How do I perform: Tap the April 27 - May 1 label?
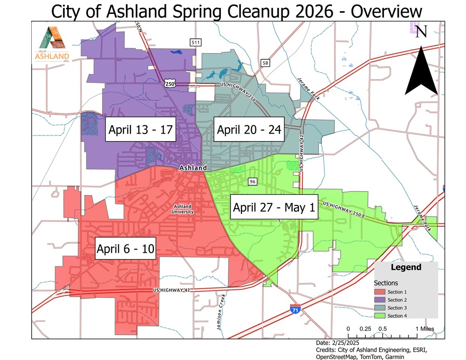(274, 207)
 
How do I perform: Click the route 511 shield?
(196, 43)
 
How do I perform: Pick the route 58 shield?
(266, 63)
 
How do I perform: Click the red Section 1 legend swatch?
(380, 292)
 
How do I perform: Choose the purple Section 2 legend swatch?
(380, 300)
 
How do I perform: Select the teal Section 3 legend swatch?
(380, 308)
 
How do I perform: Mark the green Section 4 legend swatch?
(380, 316)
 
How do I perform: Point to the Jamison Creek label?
(220, 312)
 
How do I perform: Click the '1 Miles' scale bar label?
(424, 329)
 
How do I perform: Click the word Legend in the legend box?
(406, 268)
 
